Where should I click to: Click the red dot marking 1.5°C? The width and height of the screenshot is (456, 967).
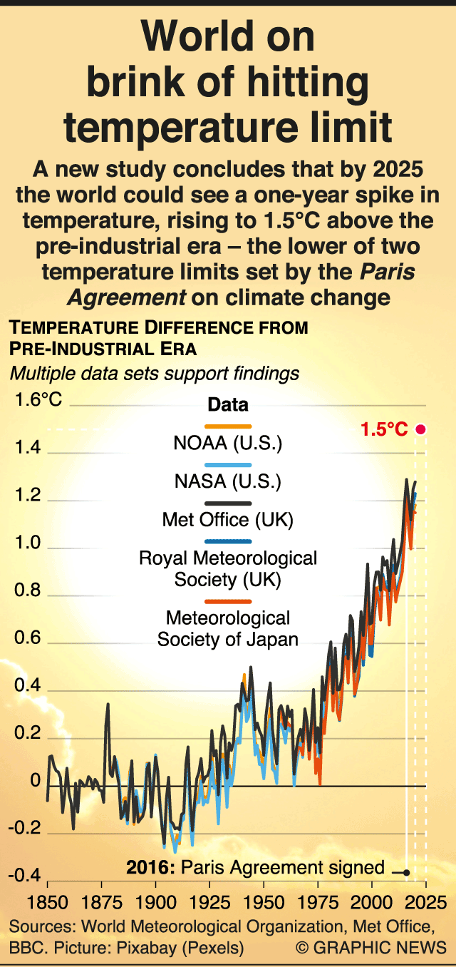pyautogui.click(x=420, y=429)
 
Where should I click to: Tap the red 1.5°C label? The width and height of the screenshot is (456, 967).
pyautogui.click(x=384, y=430)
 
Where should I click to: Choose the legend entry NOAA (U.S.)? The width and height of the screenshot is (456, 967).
pyautogui.click(x=228, y=444)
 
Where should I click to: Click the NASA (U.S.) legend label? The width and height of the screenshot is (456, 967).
pyautogui.click(x=228, y=482)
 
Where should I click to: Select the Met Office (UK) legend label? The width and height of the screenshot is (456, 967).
pyautogui.click(x=228, y=520)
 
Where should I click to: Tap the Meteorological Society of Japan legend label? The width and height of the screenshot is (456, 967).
pyautogui.click(x=228, y=628)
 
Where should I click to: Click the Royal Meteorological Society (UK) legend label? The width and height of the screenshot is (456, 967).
pyautogui.click(x=228, y=568)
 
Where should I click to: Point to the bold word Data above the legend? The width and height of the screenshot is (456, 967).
pyautogui.click(x=228, y=405)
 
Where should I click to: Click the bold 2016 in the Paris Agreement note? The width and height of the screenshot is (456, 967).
pyautogui.click(x=150, y=868)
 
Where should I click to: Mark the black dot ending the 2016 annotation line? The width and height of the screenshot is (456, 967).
pyautogui.click(x=406, y=872)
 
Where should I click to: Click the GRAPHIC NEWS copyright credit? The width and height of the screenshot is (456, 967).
pyautogui.click(x=371, y=948)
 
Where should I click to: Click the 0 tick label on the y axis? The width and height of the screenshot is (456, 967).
pyautogui.click(x=35, y=782)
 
